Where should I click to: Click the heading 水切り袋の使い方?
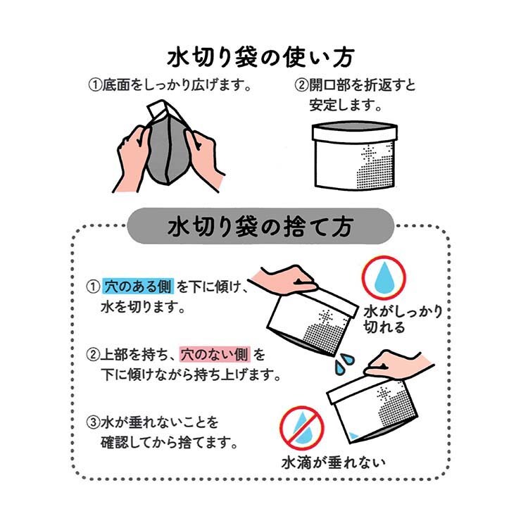(x=261, y=57)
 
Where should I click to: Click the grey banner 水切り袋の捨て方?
(x=260, y=225)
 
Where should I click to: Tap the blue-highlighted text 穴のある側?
(x=138, y=287)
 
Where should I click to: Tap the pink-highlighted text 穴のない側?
(x=215, y=354)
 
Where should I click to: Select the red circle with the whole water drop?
(x=384, y=277)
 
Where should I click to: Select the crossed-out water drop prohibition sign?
(x=302, y=428)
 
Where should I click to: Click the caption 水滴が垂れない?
(x=334, y=463)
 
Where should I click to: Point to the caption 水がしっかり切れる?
(x=403, y=319)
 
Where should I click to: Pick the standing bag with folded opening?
(x=355, y=156)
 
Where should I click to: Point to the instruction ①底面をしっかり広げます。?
(x=170, y=85)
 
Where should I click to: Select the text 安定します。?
(x=346, y=105)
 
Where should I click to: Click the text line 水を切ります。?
(x=143, y=307)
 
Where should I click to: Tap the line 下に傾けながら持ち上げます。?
(x=191, y=375)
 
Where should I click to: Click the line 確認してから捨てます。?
(x=169, y=442)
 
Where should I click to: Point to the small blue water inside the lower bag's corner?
(x=353, y=435)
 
